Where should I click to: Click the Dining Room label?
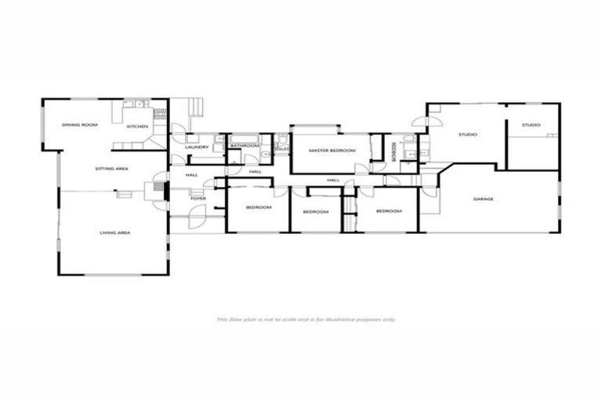tap(80, 125)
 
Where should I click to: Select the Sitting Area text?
tap(111, 169)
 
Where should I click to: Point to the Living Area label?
tap(114, 232)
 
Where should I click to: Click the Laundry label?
tap(196, 147)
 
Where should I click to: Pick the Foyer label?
tap(198, 198)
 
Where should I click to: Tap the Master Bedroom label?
tap(327, 150)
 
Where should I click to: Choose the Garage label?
tap(483, 199)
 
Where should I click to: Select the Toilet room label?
tap(282, 148)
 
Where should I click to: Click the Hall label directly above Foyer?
tap(192, 175)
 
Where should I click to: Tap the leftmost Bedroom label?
tap(259, 207)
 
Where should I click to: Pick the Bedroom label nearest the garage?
tap(389, 210)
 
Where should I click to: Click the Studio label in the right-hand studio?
tap(531, 125)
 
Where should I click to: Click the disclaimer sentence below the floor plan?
tap(306, 320)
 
